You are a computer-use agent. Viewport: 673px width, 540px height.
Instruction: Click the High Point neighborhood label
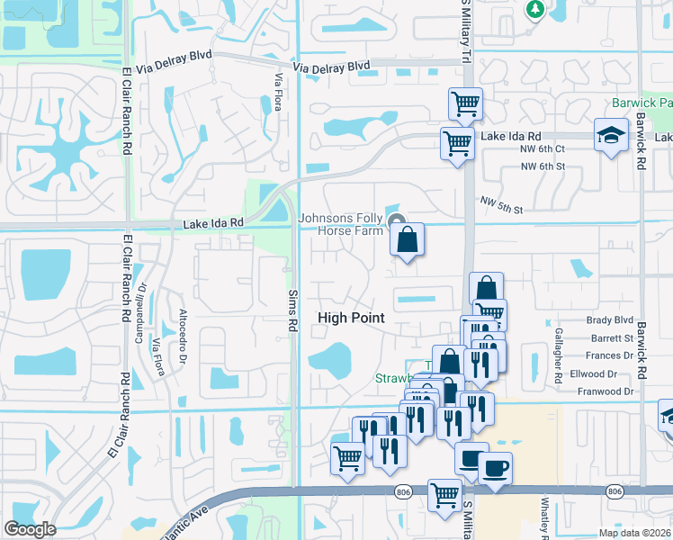pyautogui.click(x=351, y=318)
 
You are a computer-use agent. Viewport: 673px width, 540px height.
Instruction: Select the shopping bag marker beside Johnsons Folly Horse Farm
pyautogui.click(x=407, y=240)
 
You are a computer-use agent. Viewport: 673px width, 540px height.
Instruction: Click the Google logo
pyautogui.click(x=30, y=529)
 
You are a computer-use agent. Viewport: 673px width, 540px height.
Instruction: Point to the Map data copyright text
pyautogui.click(x=634, y=533)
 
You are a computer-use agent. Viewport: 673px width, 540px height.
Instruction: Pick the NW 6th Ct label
pyautogui.click(x=543, y=148)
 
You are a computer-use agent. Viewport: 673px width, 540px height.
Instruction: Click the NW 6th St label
pyautogui.click(x=543, y=166)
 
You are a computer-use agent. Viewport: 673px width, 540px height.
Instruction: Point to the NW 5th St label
pyautogui.click(x=501, y=205)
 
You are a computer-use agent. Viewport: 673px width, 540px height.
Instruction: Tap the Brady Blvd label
pyautogui.click(x=610, y=320)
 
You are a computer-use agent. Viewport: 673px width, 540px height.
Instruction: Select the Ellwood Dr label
pyautogui.click(x=611, y=373)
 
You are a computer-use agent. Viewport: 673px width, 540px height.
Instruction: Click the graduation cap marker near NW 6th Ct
pyautogui.click(x=611, y=136)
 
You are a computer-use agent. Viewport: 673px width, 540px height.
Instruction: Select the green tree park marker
pyautogui.click(x=534, y=9)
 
